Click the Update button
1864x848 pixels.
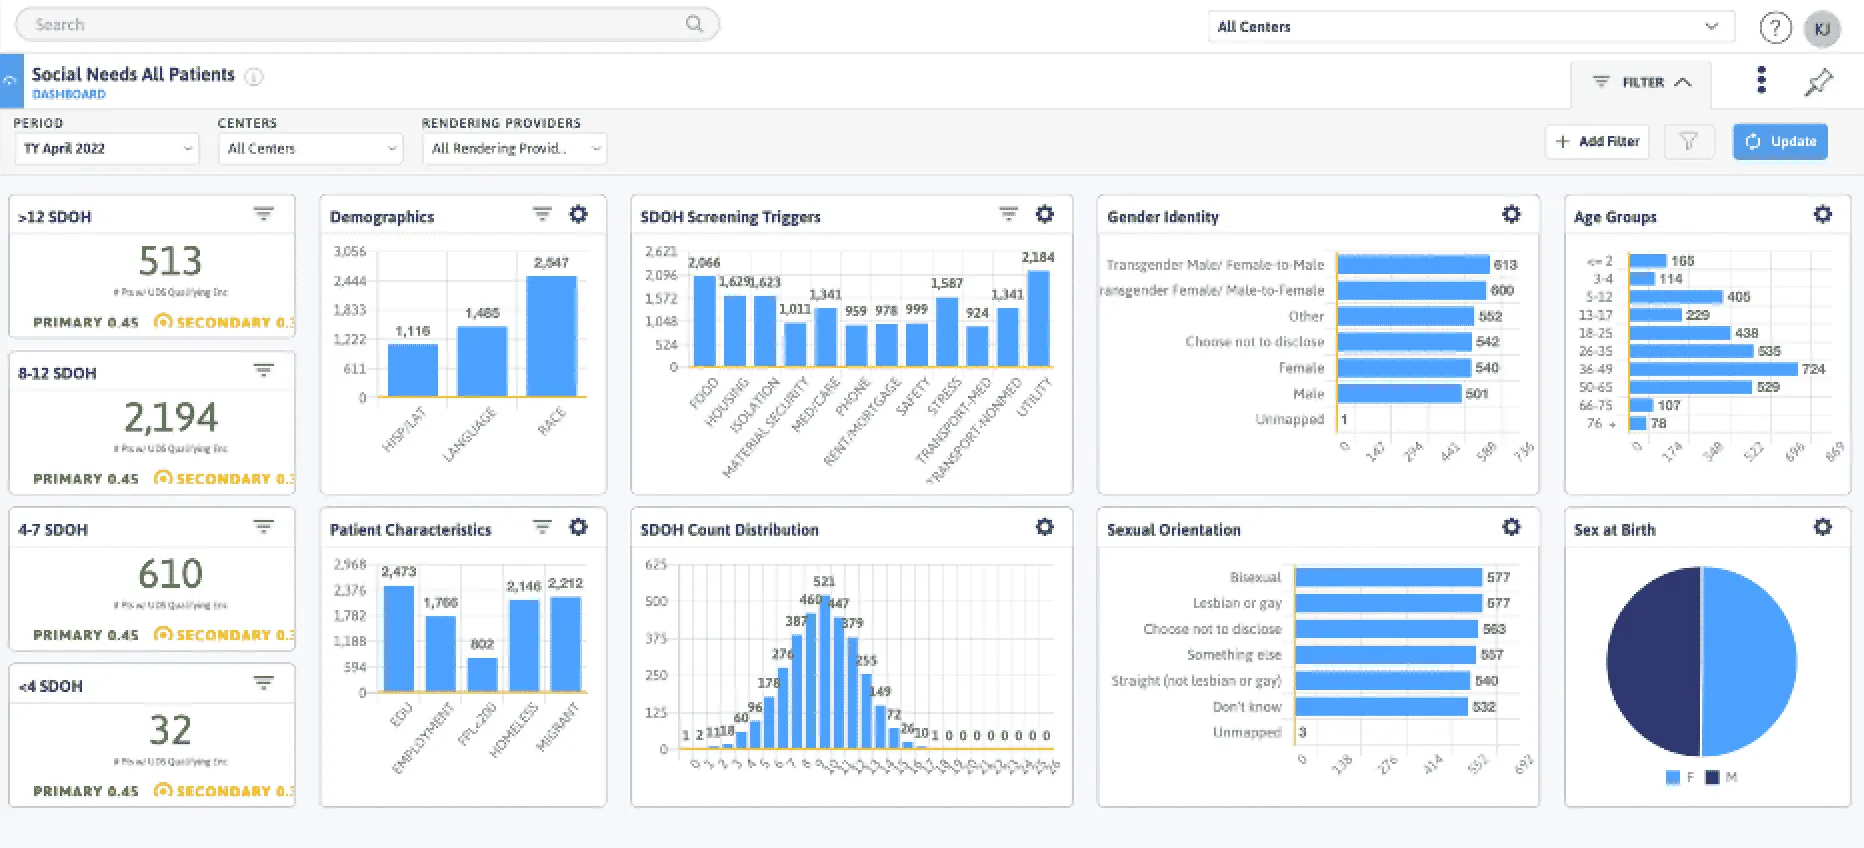(1780, 142)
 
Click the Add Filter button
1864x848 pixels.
(1597, 142)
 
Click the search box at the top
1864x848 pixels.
(360, 24)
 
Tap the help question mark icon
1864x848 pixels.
(1775, 28)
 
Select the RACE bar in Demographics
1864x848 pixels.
(551, 336)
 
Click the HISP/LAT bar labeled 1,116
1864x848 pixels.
(412, 370)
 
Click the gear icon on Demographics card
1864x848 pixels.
(578, 214)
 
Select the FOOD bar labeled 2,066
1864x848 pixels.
(704, 320)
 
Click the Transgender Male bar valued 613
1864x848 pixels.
(1412, 265)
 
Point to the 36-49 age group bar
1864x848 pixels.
(1712, 369)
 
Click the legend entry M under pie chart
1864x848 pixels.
(1721, 777)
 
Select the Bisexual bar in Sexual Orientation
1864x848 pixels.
(1388, 577)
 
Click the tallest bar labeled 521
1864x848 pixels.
(824, 670)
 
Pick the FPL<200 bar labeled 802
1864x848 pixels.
(482, 674)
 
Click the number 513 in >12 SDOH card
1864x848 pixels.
(170, 261)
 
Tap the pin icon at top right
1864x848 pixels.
(1818, 82)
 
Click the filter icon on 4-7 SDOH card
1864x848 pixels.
(263, 527)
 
